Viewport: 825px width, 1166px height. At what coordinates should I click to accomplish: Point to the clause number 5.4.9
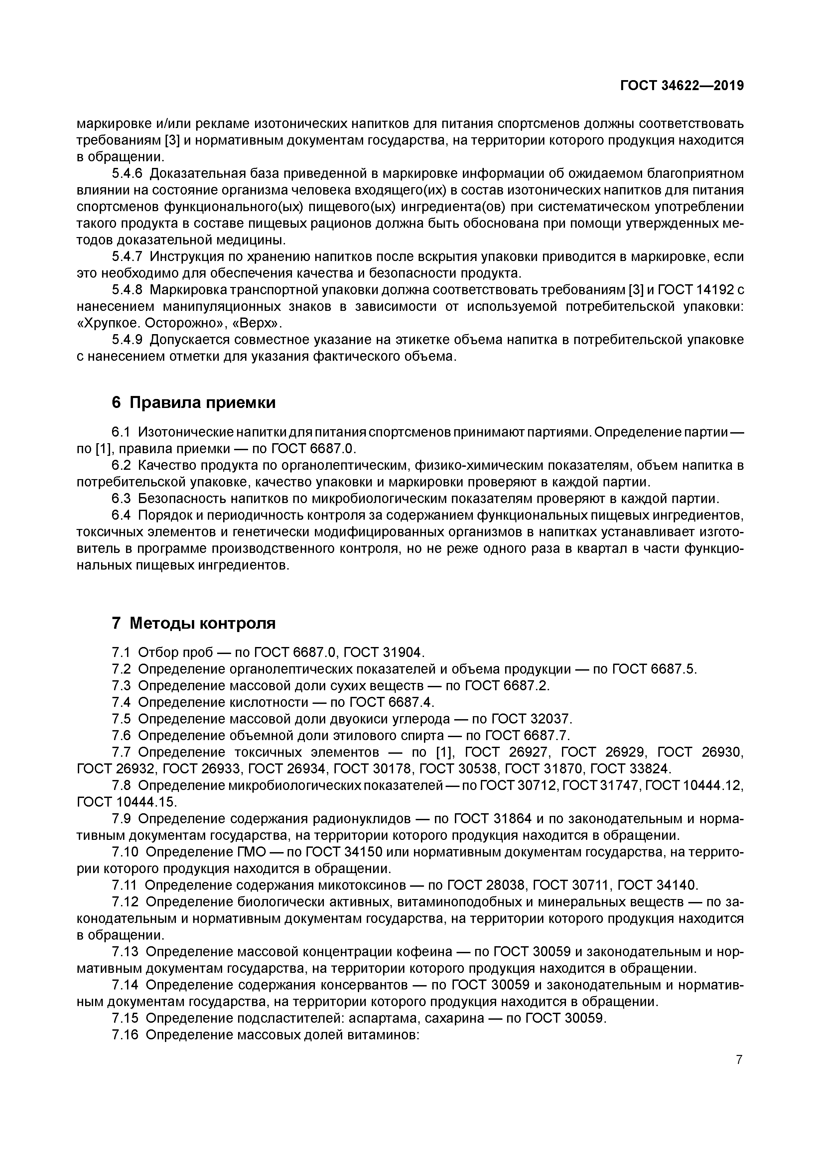127,340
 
